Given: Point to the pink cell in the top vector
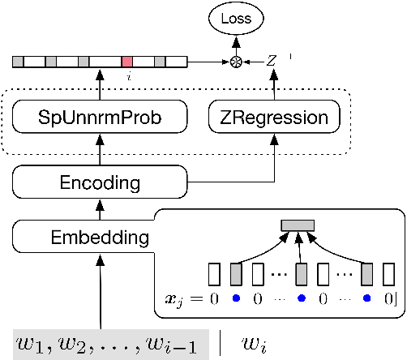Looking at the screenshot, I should click(x=127, y=61).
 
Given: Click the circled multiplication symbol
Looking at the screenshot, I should click(x=238, y=61).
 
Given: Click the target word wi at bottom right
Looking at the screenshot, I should click(x=254, y=341).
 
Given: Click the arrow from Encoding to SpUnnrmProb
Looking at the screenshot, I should click(x=100, y=151).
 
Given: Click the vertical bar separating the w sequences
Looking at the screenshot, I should click(x=221, y=341).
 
